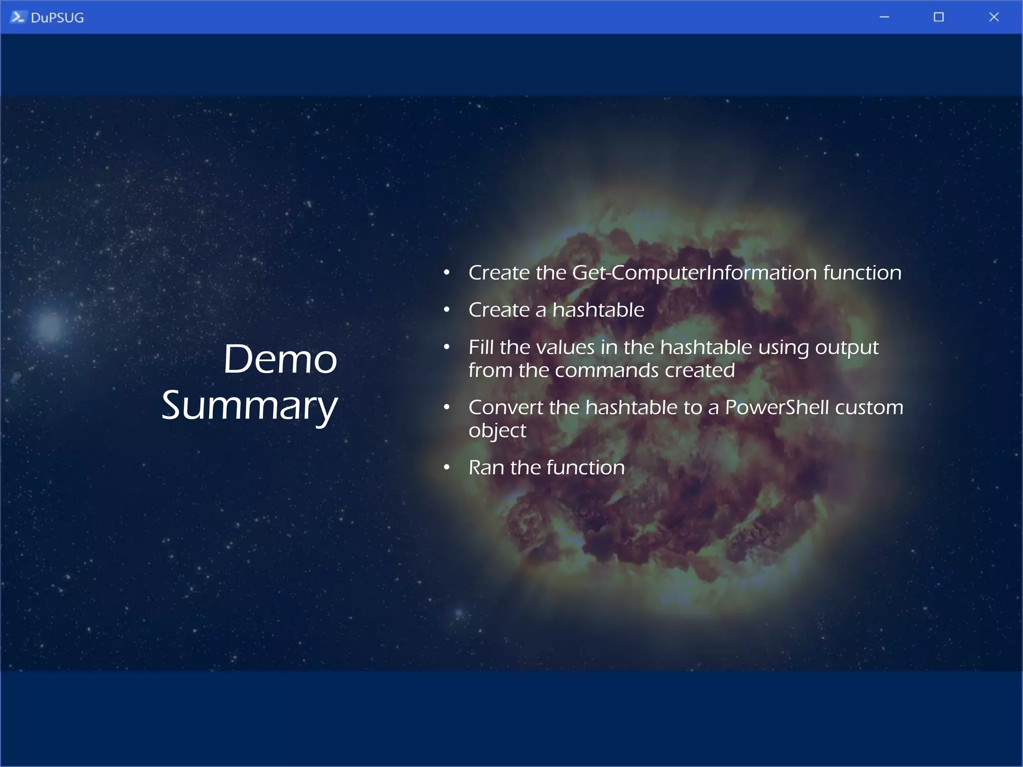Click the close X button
pyautogui.click(x=994, y=17)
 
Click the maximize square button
pyautogui.click(x=939, y=17)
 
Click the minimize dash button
pyautogui.click(x=884, y=17)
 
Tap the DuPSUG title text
pyautogui.click(x=57, y=18)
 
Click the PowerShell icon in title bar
pyautogui.click(x=17, y=17)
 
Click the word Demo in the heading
pyautogui.click(x=280, y=359)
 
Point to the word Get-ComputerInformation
pyautogui.click(x=694, y=273)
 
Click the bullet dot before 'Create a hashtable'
pyautogui.click(x=447, y=310)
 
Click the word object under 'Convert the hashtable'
pyautogui.click(x=497, y=431)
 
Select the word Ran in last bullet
pyautogui.click(x=486, y=468)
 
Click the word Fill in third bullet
pyautogui.click(x=481, y=347)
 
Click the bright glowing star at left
pyautogui.click(x=50, y=326)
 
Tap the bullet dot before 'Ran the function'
pyautogui.click(x=447, y=468)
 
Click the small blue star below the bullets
pyautogui.click(x=459, y=613)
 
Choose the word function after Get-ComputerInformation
pyautogui.click(x=862, y=273)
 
